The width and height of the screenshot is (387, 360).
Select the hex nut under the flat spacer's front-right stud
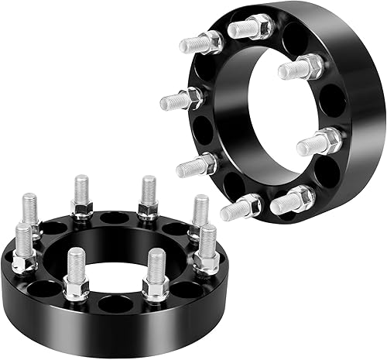tap(156, 288)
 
